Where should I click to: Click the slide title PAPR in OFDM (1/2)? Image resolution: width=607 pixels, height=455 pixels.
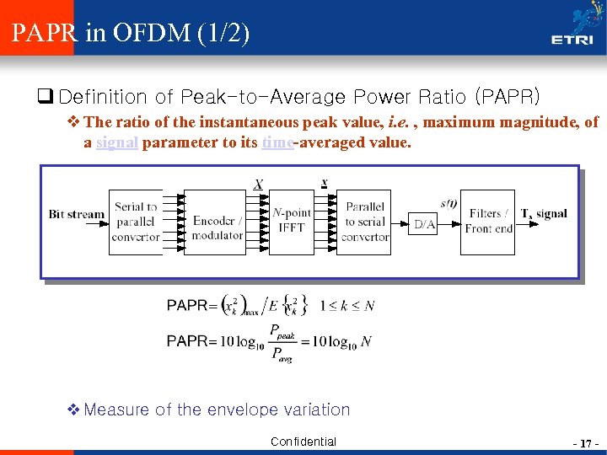(131, 34)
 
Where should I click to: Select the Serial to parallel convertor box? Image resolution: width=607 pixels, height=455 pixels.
(136, 222)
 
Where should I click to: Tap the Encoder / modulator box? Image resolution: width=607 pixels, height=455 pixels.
(216, 222)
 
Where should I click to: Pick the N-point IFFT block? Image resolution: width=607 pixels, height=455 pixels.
(291, 222)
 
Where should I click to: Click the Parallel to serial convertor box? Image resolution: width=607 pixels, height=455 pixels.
(365, 222)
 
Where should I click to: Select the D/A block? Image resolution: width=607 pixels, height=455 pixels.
(424, 224)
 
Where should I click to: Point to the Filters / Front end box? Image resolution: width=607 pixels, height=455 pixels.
(488, 222)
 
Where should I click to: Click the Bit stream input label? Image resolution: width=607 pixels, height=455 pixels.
(77, 214)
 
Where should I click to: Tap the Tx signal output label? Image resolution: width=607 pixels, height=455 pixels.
(544, 214)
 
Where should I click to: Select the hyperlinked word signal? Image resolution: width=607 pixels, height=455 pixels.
(117, 142)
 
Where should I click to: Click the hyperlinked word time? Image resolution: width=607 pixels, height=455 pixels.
(277, 142)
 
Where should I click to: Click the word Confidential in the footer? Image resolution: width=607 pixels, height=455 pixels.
(303, 442)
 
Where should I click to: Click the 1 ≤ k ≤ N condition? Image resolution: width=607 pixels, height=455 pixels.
(347, 305)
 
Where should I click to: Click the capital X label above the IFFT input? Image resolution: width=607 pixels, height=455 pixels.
(258, 185)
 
